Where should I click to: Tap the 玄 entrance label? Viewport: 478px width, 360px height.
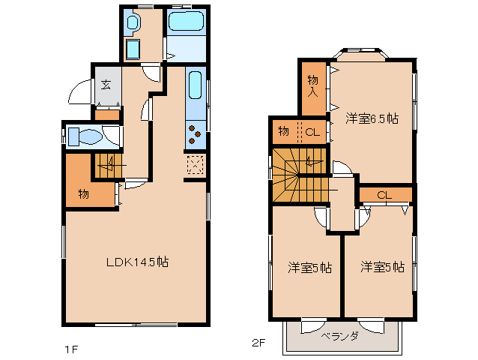(106, 84)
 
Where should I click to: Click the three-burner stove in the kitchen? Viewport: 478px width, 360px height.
(195, 135)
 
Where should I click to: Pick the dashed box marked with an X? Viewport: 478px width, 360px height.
(195, 164)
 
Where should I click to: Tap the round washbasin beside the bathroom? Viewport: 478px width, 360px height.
(133, 23)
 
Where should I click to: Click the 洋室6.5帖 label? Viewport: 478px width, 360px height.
(371, 118)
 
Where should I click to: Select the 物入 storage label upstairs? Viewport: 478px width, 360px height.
(313, 86)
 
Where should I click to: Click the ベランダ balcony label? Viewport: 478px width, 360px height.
(342, 335)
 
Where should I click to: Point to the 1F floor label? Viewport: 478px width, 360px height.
(70, 349)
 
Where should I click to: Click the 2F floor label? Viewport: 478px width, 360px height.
(258, 343)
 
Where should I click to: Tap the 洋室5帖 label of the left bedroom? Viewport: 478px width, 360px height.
(310, 266)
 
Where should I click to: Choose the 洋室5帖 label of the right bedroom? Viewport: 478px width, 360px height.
(382, 266)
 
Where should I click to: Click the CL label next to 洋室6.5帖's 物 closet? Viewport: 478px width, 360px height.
(313, 132)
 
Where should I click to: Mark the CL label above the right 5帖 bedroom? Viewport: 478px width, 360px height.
(384, 195)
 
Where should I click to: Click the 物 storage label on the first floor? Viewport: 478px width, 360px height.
(84, 195)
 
